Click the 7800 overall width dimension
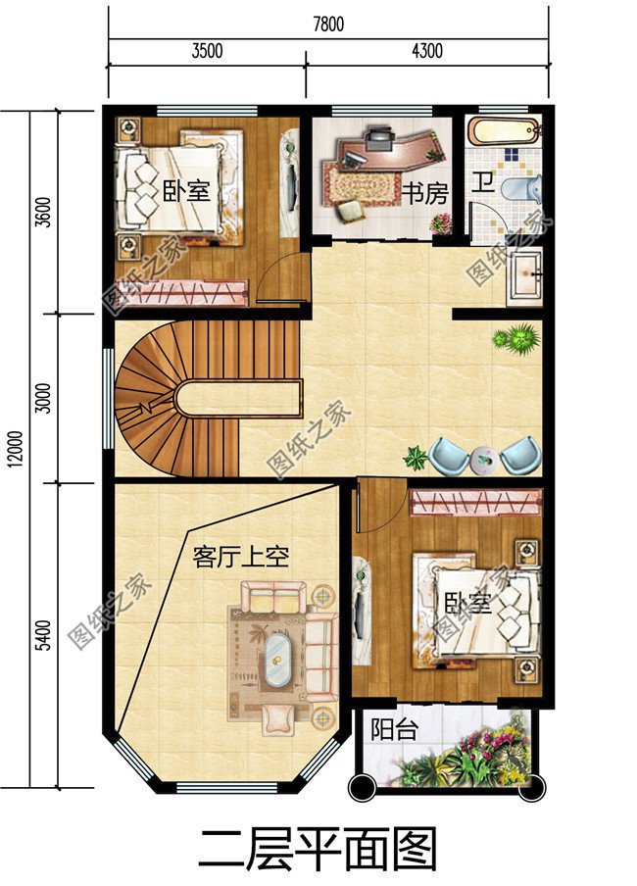(x=328, y=25)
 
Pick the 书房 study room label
(x=424, y=191)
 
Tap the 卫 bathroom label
(x=483, y=182)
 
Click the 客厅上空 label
(x=240, y=558)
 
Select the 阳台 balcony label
(x=394, y=730)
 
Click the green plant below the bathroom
(x=516, y=339)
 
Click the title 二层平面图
(x=318, y=849)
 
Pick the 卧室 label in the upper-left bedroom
(x=186, y=189)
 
